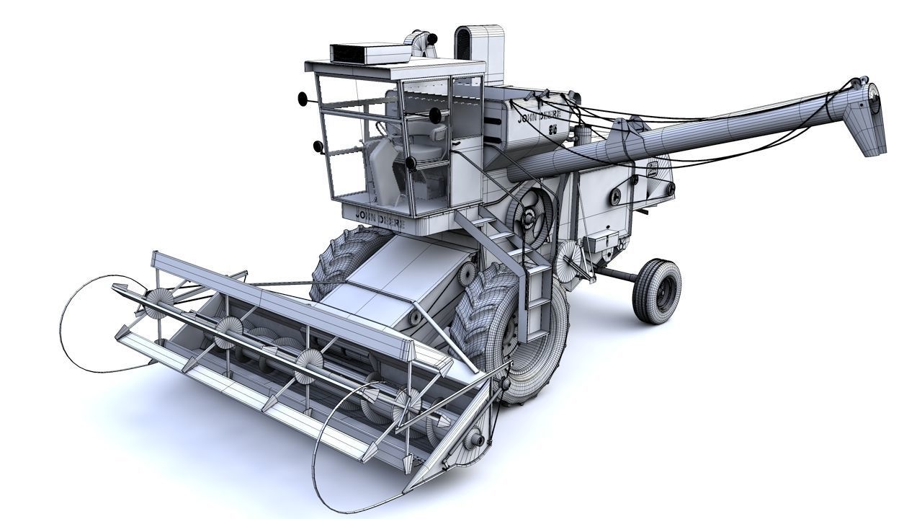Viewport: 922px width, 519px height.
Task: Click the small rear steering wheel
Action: [x=656, y=290]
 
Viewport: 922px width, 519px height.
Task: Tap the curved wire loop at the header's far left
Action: [x=86, y=324]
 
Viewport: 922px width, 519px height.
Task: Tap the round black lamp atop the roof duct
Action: [x=434, y=38]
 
